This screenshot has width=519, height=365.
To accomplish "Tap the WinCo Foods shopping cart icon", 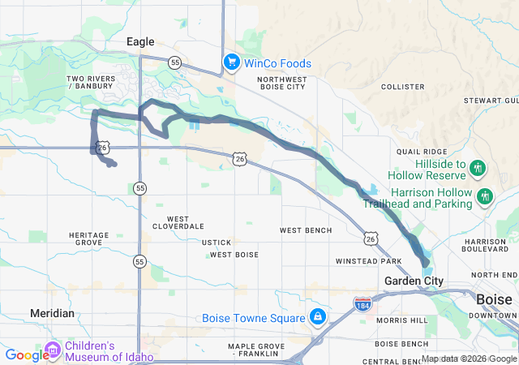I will (231, 62).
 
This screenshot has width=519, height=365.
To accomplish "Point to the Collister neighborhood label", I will (402, 85).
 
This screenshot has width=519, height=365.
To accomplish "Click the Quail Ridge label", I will (421, 152).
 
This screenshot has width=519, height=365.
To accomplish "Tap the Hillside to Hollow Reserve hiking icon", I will (478, 169).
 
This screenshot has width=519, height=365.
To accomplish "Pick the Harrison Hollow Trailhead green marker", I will (485, 197).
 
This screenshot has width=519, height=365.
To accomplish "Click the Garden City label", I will (414, 281).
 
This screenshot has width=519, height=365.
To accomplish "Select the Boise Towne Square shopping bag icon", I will (318, 317).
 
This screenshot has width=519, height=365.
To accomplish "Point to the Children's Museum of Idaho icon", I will (54, 350).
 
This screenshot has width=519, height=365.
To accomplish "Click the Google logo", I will (26, 355).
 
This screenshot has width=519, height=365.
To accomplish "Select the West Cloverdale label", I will (178, 223).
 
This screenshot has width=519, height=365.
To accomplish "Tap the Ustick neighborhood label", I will (217, 243).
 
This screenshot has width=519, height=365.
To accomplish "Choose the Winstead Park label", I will (369, 261).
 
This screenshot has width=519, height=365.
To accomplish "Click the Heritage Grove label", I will (89, 238).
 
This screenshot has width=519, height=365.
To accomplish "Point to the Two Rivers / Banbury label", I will (91, 82).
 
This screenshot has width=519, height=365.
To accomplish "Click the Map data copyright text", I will (469, 359).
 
